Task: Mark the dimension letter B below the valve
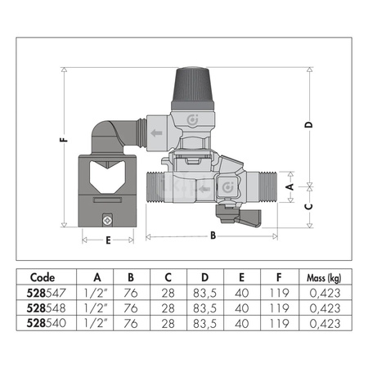[x=213, y=237]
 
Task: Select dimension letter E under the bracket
[x=108, y=240]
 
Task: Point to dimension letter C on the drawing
[x=308, y=206]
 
